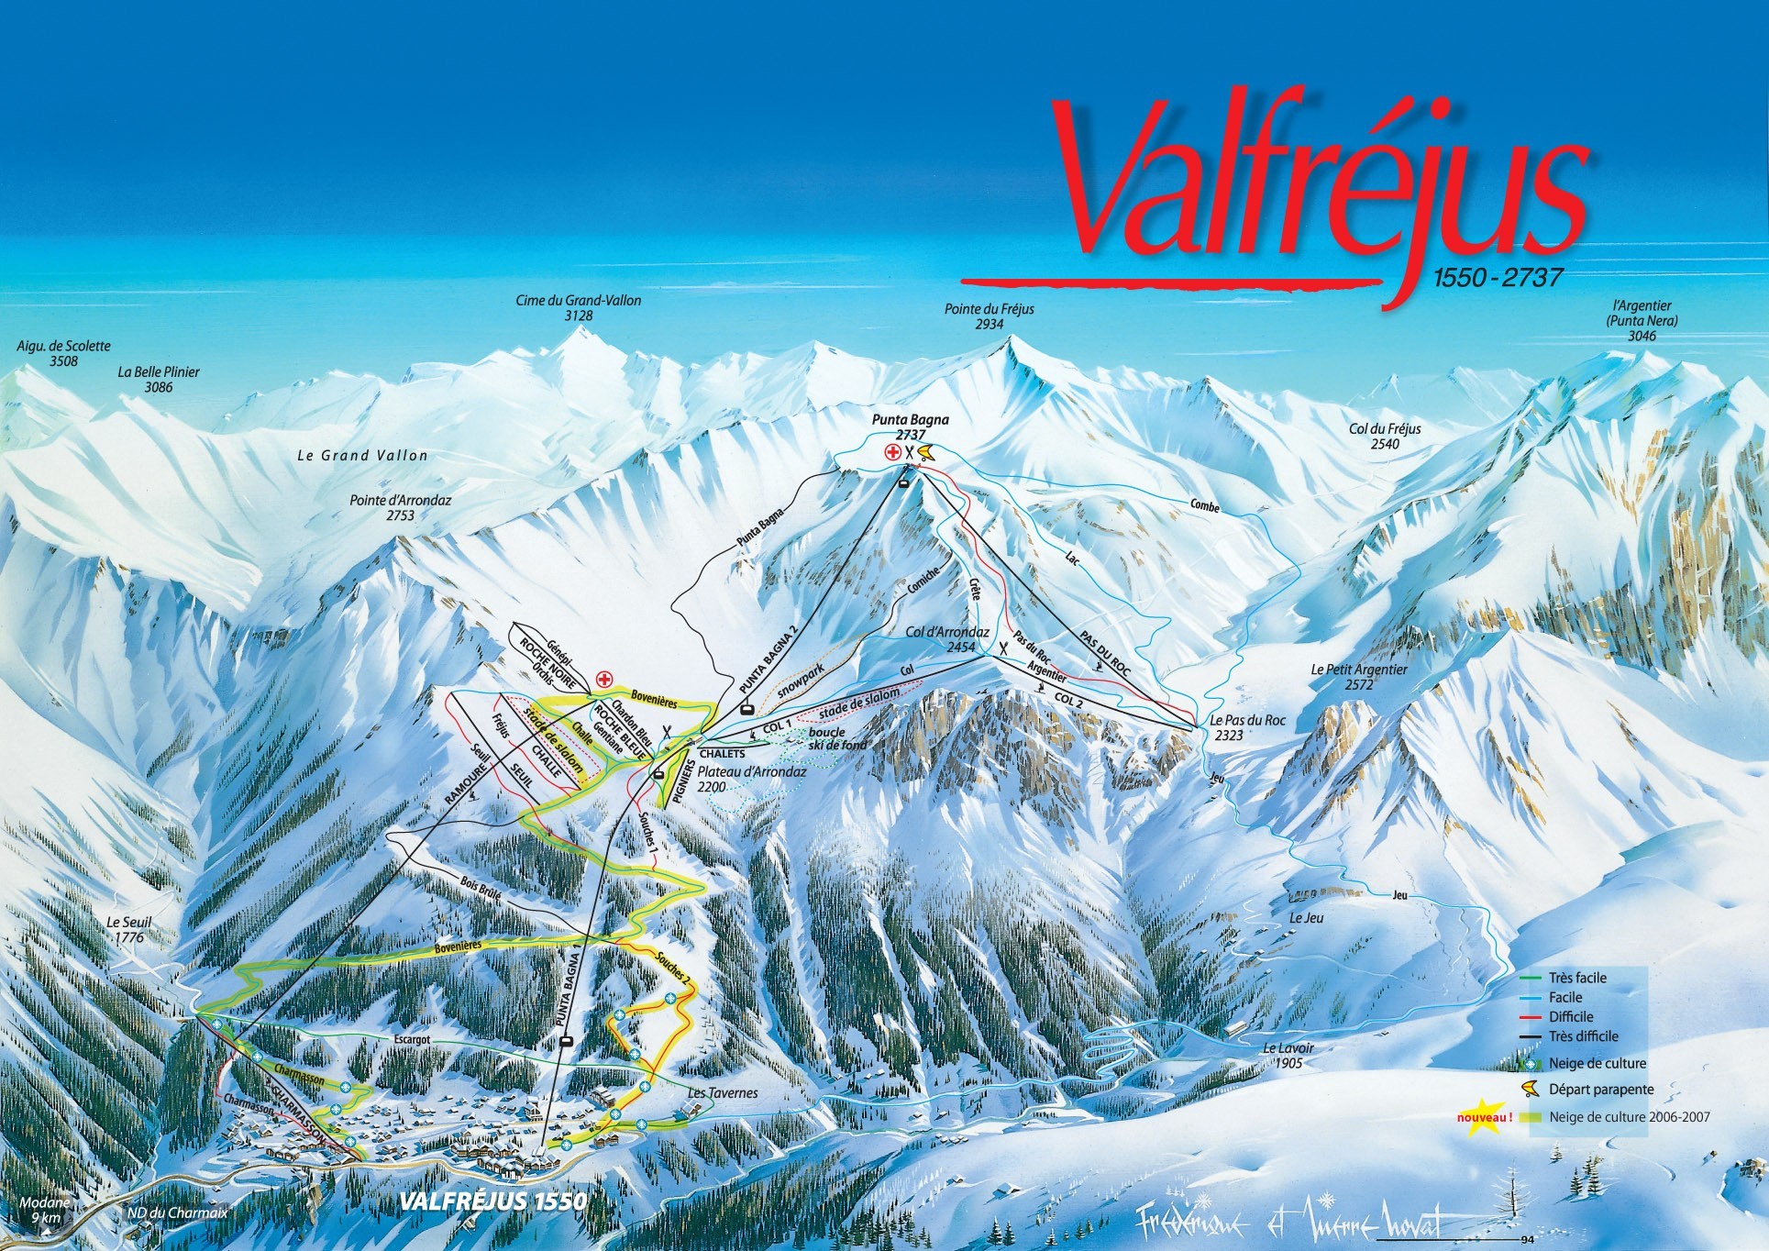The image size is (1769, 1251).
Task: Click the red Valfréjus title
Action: pos(1321,183)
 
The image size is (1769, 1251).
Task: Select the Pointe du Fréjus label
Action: pos(989,316)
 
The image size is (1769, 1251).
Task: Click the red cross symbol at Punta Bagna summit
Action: pos(891,451)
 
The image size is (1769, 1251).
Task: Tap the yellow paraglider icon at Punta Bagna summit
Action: pos(923,451)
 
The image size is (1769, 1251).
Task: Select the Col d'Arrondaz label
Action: pos(947,639)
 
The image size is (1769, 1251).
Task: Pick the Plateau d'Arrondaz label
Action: pos(751,779)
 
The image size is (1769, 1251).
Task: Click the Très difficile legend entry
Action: pos(1583,1036)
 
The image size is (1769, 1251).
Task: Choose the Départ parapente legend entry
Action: pos(1600,1090)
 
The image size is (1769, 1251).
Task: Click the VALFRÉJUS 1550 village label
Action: pos(493,1201)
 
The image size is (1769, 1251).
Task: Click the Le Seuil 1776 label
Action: pos(128,930)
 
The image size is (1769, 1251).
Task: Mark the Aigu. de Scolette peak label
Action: pos(64,353)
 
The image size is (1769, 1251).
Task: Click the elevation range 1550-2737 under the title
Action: pos(1490,278)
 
